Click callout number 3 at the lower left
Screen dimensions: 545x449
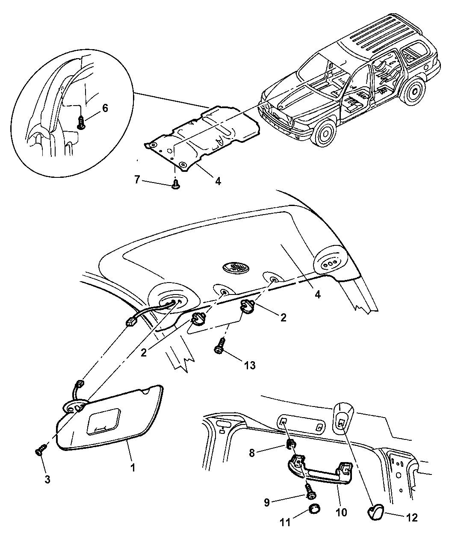coord(47,479)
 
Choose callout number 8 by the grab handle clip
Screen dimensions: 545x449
coord(252,453)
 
